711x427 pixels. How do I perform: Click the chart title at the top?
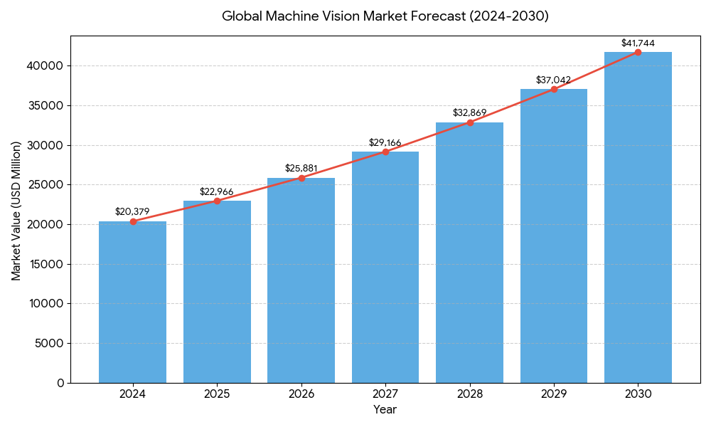click(385, 16)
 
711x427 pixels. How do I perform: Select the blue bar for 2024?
click(133, 302)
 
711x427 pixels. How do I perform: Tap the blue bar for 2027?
click(385, 267)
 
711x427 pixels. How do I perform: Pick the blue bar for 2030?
click(638, 217)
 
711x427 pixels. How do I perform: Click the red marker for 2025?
click(217, 201)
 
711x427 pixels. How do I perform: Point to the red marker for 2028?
click(470, 122)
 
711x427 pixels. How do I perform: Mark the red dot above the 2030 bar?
click(638, 52)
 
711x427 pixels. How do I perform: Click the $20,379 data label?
click(132, 211)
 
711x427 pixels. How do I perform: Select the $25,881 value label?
click(301, 168)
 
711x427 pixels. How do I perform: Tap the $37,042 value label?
click(554, 80)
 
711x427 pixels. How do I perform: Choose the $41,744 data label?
click(638, 43)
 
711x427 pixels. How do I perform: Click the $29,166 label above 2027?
click(385, 142)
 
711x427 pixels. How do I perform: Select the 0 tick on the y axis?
click(60, 383)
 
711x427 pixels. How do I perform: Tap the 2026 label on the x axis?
click(301, 394)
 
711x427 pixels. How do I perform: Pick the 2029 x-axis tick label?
click(554, 394)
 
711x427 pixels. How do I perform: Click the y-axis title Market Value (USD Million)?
click(16, 211)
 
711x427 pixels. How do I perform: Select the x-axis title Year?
click(385, 410)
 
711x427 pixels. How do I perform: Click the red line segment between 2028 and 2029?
click(512, 106)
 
